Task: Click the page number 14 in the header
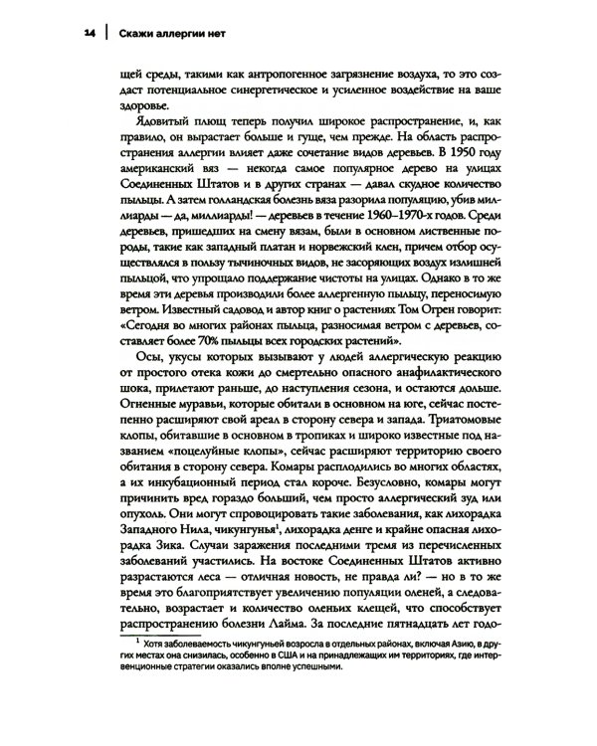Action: click(91, 33)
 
